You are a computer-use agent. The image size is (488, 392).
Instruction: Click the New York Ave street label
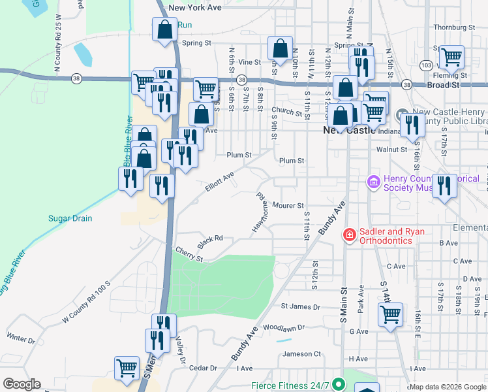pos(195,8)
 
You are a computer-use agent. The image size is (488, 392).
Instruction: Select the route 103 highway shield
pos(426,66)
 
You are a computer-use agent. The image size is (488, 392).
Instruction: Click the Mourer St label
pos(288,205)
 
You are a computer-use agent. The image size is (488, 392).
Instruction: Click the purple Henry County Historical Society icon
pos(374,181)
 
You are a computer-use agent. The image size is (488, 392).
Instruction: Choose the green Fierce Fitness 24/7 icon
pos(337,385)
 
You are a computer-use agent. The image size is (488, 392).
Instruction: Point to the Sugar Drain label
pos(70,218)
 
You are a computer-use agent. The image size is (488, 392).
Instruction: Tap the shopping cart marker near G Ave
pos(390,315)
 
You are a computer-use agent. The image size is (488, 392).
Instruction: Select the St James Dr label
pos(301,306)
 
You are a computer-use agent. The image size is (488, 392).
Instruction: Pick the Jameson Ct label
pos(301,354)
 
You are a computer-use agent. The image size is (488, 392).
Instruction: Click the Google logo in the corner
pos(22,384)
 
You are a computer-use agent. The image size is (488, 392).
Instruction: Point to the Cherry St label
pos(190,253)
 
